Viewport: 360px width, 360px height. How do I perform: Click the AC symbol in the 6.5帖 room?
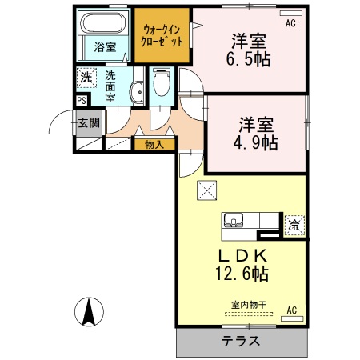[290, 23]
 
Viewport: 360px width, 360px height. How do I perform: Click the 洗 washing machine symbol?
[86, 78]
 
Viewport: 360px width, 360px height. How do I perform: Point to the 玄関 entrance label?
[89, 123]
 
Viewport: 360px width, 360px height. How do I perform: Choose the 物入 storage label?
[154, 145]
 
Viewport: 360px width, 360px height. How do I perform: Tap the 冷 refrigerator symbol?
[294, 225]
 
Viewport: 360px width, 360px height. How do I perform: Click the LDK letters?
[238, 255]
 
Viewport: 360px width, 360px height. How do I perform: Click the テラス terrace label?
[241, 341]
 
